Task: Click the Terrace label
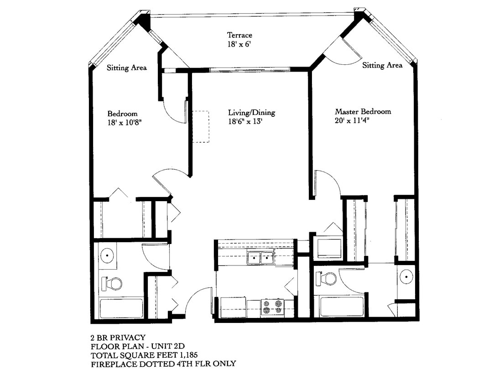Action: coord(239,35)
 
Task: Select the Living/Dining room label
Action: coord(251,113)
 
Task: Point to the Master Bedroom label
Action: coord(363,112)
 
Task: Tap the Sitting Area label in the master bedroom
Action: coord(382,65)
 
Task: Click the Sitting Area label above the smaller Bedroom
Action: coord(126,68)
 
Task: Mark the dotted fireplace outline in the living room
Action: coord(200,127)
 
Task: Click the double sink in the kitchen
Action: coord(260,258)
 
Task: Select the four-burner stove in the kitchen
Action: coord(272,307)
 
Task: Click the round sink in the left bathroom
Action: coord(107,255)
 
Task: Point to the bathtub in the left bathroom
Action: coord(121,308)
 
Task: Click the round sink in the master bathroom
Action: coord(406,276)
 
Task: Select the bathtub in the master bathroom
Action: coord(342,307)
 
